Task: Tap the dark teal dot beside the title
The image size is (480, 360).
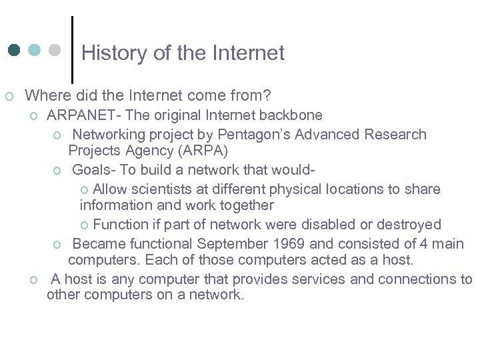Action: [x=15, y=51]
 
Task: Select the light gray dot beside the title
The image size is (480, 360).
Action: [x=55, y=51]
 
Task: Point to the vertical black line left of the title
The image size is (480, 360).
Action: [x=72, y=49]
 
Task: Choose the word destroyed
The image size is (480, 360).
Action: [x=411, y=225]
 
